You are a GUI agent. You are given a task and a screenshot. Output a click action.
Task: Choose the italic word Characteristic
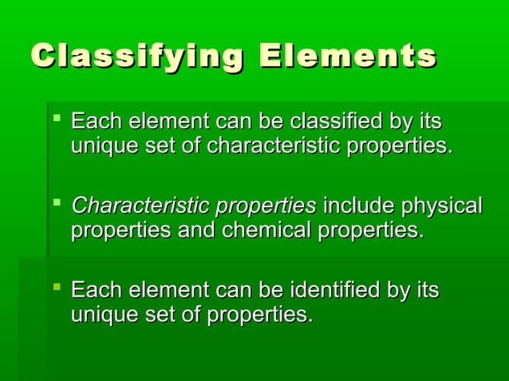[x=135, y=207]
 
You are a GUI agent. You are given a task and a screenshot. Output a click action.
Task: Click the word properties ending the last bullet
[x=260, y=315]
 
